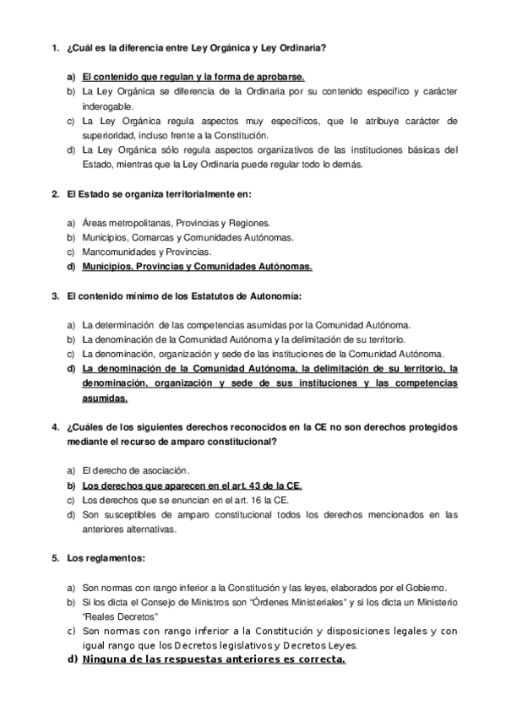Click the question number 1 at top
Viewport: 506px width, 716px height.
pos(54,50)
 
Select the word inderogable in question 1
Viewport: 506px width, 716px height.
pos(108,106)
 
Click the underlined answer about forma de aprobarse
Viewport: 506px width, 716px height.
pos(193,77)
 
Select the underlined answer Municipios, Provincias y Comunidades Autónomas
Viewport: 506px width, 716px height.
pos(197,266)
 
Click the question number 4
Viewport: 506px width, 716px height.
pos(54,427)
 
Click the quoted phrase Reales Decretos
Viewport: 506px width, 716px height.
pos(122,616)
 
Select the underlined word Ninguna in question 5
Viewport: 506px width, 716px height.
pos(106,659)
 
